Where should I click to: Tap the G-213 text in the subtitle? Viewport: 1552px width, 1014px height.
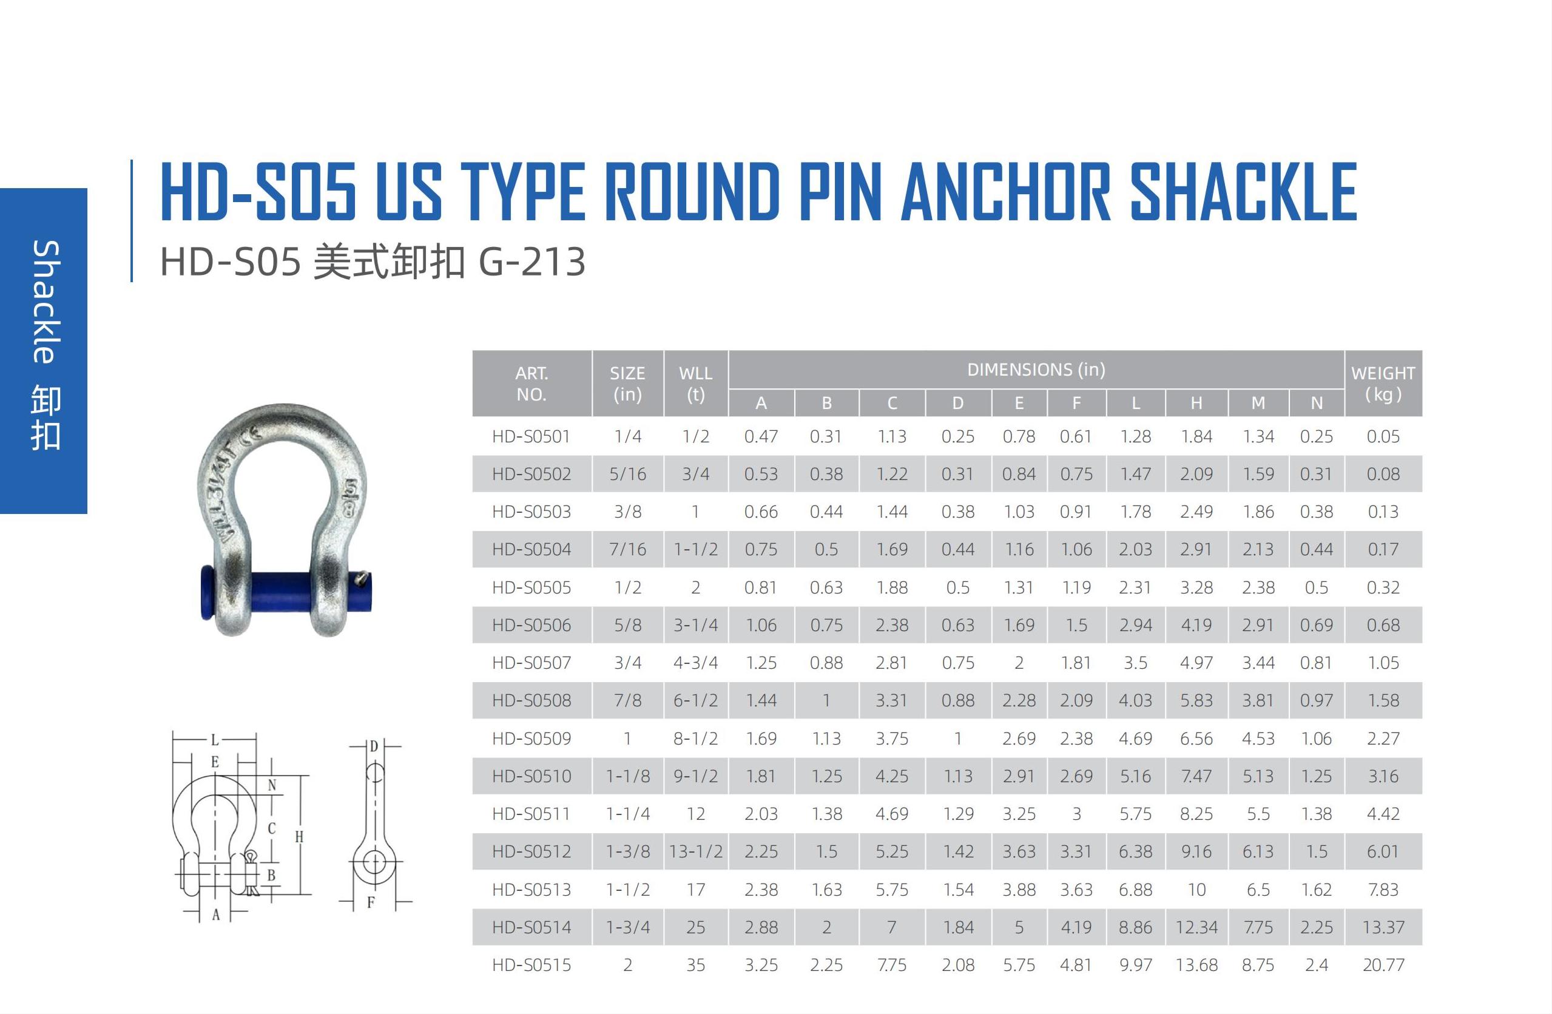(532, 262)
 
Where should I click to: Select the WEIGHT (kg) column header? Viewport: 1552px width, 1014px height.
(1383, 384)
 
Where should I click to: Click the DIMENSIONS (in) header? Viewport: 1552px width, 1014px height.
(1036, 370)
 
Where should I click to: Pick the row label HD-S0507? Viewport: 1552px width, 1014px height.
(531, 663)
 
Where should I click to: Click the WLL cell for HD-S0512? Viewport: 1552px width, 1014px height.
(696, 851)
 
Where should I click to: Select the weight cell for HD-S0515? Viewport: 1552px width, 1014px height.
(1383, 964)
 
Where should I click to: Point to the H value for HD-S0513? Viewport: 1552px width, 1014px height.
(1196, 890)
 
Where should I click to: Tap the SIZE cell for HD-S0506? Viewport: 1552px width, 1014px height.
(627, 624)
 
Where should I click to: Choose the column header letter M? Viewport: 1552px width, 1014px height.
(1258, 403)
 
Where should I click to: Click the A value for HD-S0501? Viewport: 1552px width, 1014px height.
(761, 436)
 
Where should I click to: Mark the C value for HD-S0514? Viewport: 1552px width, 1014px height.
(891, 927)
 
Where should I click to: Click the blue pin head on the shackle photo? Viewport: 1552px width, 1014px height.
(207, 592)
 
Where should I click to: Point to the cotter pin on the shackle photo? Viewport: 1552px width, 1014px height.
(362, 577)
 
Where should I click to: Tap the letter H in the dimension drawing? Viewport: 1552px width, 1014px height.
(299, 837)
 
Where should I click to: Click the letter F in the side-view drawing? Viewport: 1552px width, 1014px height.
(370, 902)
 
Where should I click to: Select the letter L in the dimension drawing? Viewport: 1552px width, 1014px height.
(215, 740)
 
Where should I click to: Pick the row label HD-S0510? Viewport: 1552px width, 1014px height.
(531, 776)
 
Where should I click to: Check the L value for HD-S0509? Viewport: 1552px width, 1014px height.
(1135, 738)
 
